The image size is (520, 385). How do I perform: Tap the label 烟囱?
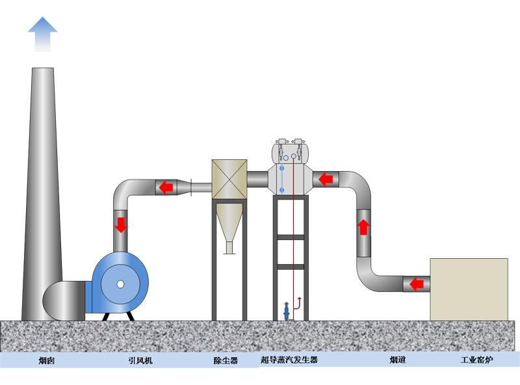[x=46, y=360]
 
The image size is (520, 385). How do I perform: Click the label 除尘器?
[x=226, y=360]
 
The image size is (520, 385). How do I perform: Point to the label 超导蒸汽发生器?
[x=289, y=360]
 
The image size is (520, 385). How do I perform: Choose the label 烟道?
[x=398, y=360]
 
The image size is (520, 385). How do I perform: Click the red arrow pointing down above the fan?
[x=121, y=225]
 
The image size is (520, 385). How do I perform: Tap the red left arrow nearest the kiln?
[x=416, y=284]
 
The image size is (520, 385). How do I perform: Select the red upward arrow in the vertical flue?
[x=363, y=226]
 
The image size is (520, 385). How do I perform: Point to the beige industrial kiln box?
[x=469, y=289]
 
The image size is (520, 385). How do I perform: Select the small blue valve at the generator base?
[x=286, y=311]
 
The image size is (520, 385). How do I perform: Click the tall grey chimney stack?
[x=42, y=195]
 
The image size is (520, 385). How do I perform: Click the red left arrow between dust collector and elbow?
[x=166, y=187]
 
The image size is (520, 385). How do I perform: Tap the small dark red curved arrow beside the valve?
[x=298, y=301]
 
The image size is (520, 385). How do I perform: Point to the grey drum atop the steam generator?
[x=289, y=153]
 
